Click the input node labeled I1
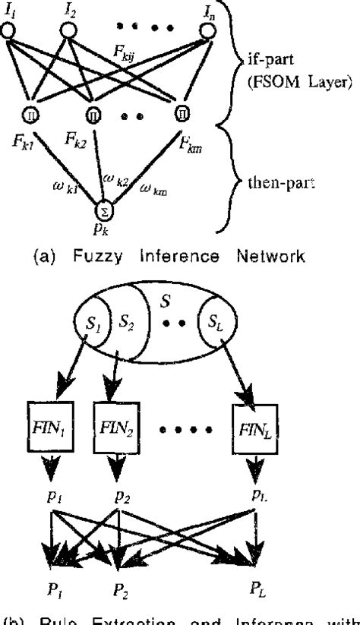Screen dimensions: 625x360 pyautogui.click(x=9, y=30)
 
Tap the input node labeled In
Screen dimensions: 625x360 pyautogui.click(x=206, y=30)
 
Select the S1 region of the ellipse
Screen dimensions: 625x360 pyautogui.click(x=95, y=324)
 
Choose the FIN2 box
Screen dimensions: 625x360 pyautogui.click(x=113, y=420)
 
